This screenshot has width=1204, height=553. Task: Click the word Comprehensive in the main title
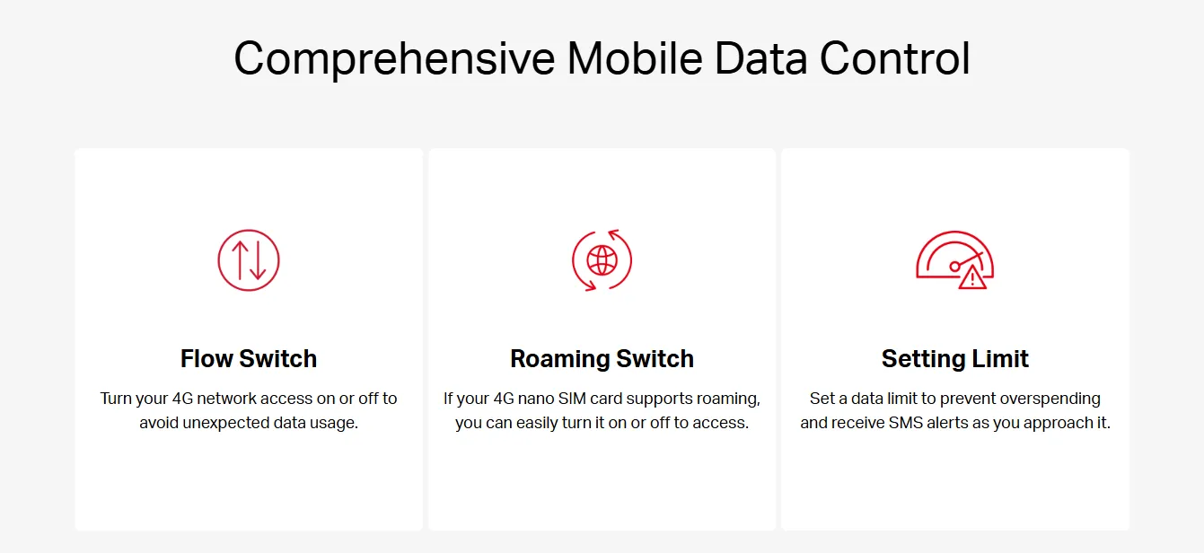click(x=394, y=59)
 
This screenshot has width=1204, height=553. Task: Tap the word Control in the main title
click(x=895, y=58)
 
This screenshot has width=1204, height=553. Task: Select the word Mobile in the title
click(x=635, y=58)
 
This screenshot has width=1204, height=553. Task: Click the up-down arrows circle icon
click(x=249, y=260)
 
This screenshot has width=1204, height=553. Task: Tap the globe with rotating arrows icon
click(x=602, y=260)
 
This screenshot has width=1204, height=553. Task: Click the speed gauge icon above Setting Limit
click(x=955, y=260)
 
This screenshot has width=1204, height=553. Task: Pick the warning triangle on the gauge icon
click(x=972, y=277)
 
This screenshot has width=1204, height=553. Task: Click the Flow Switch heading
click(x=249, y=358)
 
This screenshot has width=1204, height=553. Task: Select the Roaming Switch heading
click(x=602, y=358)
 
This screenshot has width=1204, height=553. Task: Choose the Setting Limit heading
click(x=955, y=358)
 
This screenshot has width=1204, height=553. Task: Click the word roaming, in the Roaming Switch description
click(x=728, y=399)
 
